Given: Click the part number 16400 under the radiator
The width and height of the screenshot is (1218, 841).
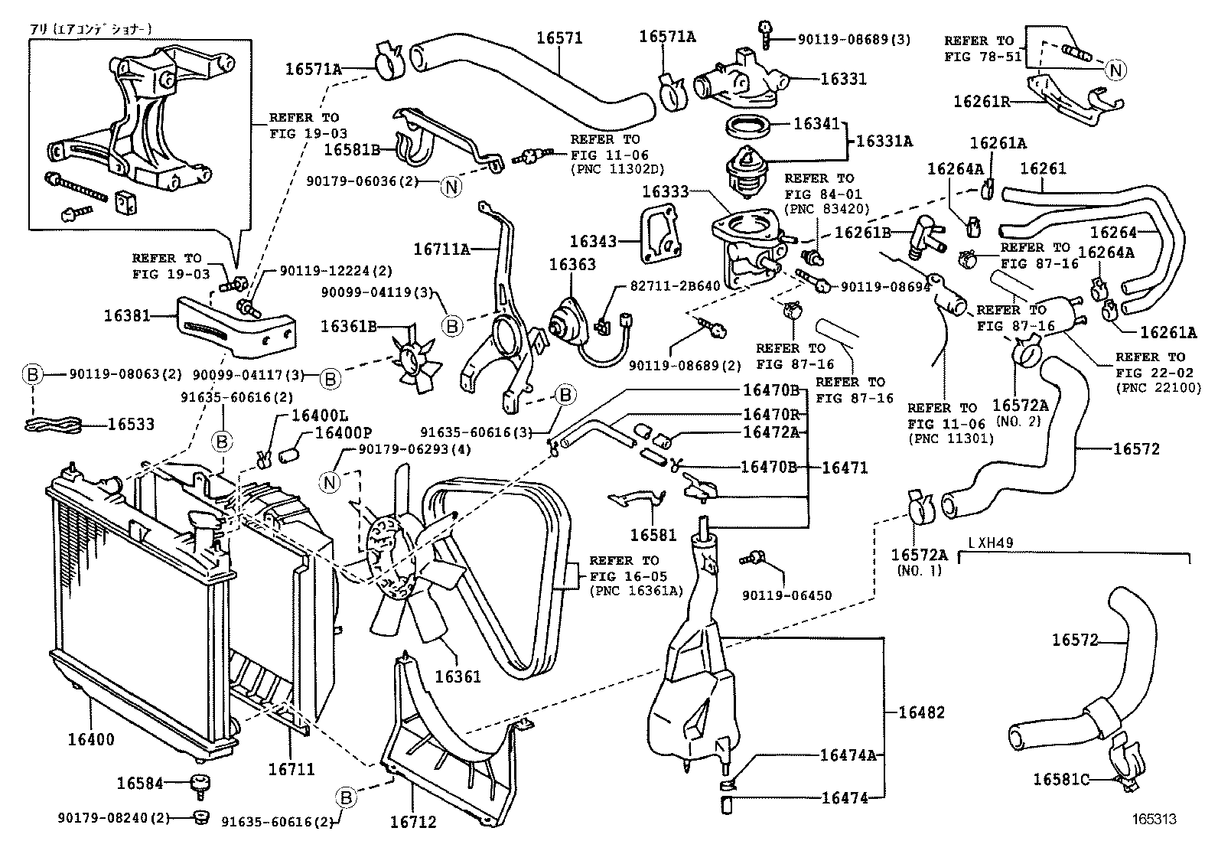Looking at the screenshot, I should click(90, 739).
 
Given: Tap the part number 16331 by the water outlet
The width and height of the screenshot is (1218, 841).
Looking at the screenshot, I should click(843, 79).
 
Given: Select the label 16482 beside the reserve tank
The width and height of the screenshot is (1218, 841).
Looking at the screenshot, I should click(921, 712).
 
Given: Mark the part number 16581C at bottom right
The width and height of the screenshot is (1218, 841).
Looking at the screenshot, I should click(1061, 779).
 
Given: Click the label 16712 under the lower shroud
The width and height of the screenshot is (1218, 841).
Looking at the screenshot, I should click(412, 822).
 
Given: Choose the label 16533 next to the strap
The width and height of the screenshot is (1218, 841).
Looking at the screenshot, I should click(131, 424).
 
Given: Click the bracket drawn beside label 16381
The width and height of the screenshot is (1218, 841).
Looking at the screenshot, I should click(234, 328).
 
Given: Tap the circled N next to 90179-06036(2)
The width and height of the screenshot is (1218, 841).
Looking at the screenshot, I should click(451, 185).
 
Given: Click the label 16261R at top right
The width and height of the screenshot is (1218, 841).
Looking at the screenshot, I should click(982, 100).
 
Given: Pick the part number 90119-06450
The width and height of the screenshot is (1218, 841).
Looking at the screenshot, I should click(786, 595).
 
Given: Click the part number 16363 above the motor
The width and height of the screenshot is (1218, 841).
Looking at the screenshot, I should click(572, 265).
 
